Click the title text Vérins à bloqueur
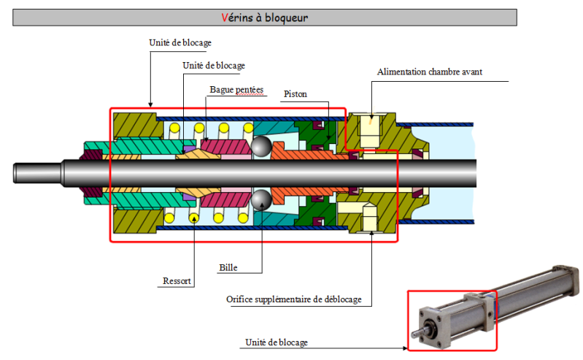pyautogui.click(x=264, y=17)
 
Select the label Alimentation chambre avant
pyautogui.click(x=429, y=72)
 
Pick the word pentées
pyautogui.click(x=250, y=91)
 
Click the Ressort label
pyautogui.click(x=177, y=280)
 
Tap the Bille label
pyautogui.click(x=228, y=267)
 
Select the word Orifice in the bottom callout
pyautogui.click(x=240, y=300)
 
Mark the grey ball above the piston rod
pyautogui.click(x=261, y=147)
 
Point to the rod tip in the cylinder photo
pyautogui.click(x=415, y=332)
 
